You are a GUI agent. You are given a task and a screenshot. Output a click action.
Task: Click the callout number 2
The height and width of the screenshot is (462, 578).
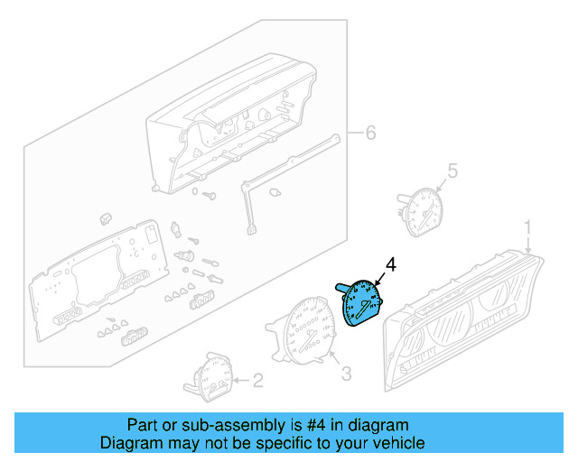tap(257, 381)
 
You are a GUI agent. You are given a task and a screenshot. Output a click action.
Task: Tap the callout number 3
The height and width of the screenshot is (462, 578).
tap(345, 372)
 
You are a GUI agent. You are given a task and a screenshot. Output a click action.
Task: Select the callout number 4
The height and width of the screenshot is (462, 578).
tap(391, 263)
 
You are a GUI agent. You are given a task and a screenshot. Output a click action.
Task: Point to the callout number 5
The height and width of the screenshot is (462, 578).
tap(453, 170)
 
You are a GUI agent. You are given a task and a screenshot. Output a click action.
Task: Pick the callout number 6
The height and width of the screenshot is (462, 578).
tap(368, 134)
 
